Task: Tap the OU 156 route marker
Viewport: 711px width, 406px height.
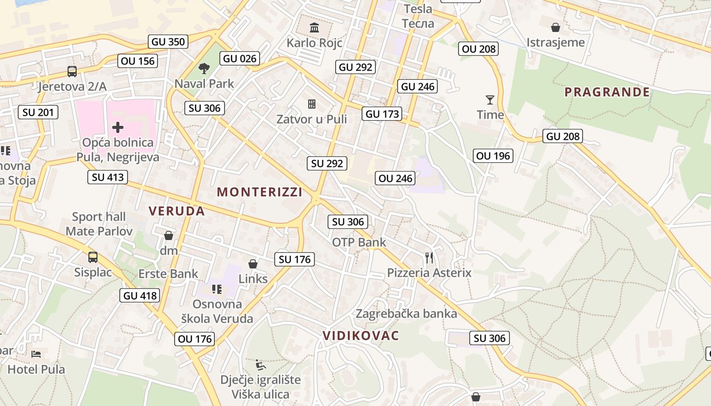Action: pyautogui.click(x=138, y=61)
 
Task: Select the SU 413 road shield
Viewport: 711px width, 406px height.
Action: pyautogui.click(x=107, y=177)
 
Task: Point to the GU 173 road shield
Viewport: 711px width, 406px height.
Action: pyautogui.click(x=382, y=114)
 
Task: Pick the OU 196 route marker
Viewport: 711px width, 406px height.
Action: pyautogui.click(x=493, y=156)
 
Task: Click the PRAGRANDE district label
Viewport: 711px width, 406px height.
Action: pyautogui.click(x=607, y=92)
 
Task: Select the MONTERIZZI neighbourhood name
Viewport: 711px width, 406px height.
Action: pyautogui.click(x=260, y=192)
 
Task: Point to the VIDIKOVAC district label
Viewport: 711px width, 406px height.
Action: pyautogui.click(x=361, y=335)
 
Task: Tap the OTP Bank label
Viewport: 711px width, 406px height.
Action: pyautogui.click(x=359, y=242)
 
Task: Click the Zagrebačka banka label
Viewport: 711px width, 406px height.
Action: pyautogui.click(x=406, y=313)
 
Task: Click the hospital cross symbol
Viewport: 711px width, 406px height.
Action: pyautogui.click(x=118, y=127)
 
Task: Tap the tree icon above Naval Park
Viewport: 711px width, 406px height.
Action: pyautogui.click(x=204, y=68)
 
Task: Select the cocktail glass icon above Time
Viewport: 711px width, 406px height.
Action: pyautogui.click(x=490, y=99)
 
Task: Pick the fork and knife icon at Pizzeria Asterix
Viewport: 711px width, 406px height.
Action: pyautogui.click(x=429, y=258)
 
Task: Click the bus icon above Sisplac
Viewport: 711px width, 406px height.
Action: pyautogui.click(x=93, y=257)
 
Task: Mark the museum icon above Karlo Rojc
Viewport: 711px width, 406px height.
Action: pyautogui.click(x=314, y=27)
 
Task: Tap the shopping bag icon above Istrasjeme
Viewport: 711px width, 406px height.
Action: pyautogui.click(x=556, y=27)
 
